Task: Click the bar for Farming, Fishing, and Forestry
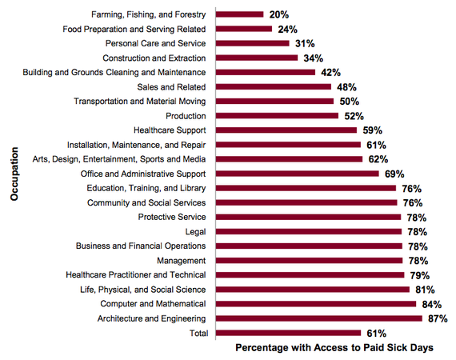[240, 14]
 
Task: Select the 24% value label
[288, 30]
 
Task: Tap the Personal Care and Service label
[155, 43]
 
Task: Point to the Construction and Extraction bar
[257, 58]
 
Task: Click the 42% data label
[330, 73]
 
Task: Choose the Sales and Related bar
[274, 86]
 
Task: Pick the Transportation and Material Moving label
[139, 101]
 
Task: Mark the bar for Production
[277, 116]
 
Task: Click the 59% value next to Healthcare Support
[373, 130]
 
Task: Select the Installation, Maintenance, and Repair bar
[289, 145]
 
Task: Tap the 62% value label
[378, 159]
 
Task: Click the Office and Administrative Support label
[143, 174]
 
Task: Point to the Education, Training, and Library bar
[306, 188]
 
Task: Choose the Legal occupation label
[195, 232]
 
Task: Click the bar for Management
[310, 261]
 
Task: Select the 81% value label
[425, 290]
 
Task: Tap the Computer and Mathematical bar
[316, 304]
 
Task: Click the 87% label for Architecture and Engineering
[438, 318]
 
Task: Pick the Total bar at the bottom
[289, 333]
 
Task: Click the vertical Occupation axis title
[14, 174]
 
